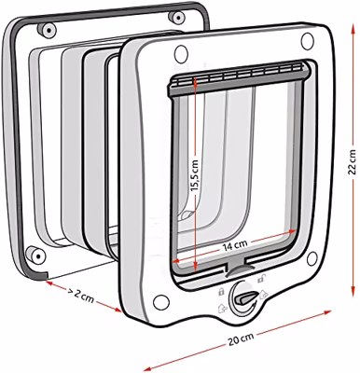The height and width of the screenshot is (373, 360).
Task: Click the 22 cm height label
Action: [x=352, y=161]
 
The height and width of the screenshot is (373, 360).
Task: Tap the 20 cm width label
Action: [x=241, y=339]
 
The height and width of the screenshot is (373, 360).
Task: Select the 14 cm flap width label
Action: [x=235, y=246]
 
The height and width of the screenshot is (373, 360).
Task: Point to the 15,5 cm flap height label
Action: [x=194, y=175]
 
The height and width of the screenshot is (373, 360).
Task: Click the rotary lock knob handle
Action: [x=246, y=298]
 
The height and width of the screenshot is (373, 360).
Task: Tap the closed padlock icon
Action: [x=221, y=292]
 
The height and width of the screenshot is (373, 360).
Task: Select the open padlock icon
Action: [x=260, y=279]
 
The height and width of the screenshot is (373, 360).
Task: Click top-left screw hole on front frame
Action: [x=181, y=54]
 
